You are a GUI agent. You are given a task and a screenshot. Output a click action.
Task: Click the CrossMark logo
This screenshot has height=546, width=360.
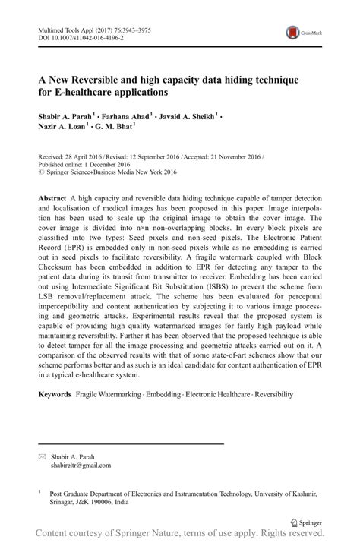pos(300,33)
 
